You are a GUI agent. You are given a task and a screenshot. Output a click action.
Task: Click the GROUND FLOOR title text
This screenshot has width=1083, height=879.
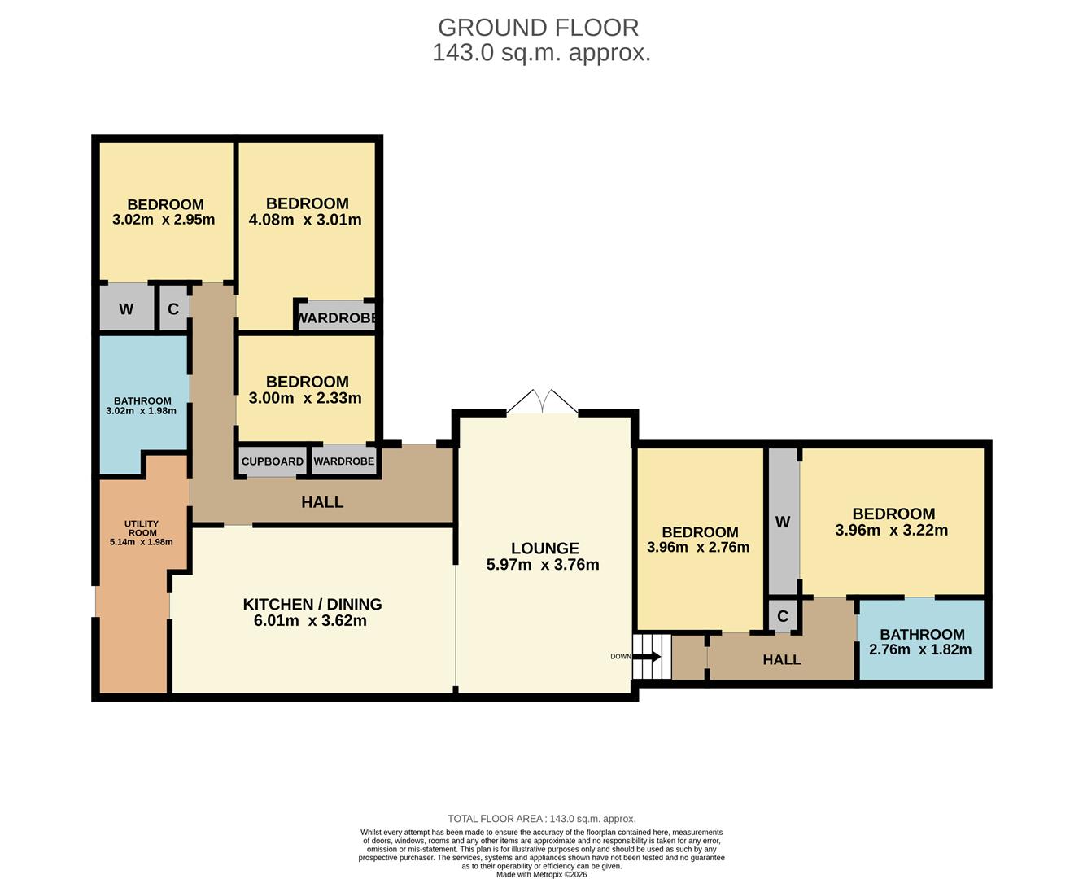[538, 27]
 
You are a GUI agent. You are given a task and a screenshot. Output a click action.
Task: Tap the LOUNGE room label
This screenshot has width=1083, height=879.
[544, 549]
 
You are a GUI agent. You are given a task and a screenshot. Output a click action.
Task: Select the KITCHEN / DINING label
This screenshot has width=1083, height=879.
[312, 604]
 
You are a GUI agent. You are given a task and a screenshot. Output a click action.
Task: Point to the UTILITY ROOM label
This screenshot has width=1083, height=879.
[142, 528]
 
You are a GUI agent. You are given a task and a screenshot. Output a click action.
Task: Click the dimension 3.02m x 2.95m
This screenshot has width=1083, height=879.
[164, 220]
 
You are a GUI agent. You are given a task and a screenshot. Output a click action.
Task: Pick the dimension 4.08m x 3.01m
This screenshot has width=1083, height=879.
[304, 220]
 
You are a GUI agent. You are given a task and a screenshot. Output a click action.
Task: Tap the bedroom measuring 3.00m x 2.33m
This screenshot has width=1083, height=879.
[306, 389]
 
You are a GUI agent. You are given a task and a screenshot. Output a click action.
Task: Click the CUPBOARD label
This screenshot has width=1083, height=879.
[272, 461]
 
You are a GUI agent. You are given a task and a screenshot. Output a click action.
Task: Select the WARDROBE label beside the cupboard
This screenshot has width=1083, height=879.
[343, 461]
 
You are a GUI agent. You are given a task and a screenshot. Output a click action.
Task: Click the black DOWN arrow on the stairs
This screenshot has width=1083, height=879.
[647, 656]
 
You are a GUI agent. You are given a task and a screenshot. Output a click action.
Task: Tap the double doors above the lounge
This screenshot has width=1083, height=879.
[543, 402]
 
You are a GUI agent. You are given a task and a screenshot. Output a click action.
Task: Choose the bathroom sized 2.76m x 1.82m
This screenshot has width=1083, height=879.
[921, 641]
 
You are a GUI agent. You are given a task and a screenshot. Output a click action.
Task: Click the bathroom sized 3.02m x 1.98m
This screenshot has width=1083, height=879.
[142, 405]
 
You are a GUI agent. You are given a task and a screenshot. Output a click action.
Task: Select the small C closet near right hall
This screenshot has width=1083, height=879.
[782, 616]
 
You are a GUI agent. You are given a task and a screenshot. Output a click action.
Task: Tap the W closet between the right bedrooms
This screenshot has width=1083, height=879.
[782, 523]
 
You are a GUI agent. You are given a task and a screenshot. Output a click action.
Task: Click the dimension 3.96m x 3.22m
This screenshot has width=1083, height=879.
[891, 531]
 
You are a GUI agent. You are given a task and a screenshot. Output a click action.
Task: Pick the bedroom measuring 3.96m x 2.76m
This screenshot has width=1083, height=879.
[698, 540]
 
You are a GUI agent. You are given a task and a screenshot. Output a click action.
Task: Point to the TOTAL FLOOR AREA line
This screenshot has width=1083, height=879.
[541, 819]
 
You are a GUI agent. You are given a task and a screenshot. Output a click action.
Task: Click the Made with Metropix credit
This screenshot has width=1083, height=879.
[541, 874]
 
